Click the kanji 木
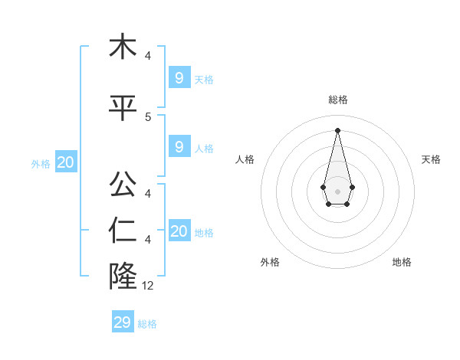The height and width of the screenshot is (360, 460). pos(123,47)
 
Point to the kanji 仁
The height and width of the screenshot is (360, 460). pos(123,231)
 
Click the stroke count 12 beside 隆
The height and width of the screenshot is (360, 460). pos(149,286)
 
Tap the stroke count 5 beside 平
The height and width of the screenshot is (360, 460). pos(148,116)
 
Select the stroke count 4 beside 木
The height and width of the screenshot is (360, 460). pos(148,56)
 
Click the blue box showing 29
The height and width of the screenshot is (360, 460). pos(123,322)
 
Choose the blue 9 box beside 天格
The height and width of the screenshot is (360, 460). pos(179,77)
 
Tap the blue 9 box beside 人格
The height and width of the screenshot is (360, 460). pos(179,146)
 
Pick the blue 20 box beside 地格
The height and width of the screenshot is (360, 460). pos(179,231)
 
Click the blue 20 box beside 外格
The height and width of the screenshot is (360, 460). pos(66,162)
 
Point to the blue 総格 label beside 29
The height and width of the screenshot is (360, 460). pos(147,324)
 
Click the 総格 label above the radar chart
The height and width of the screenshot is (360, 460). pos(337,100)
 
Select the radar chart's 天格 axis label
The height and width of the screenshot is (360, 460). pos(431,159)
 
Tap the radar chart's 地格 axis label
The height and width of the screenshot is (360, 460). pos(402,262)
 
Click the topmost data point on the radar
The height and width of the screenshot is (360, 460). pos(337,129)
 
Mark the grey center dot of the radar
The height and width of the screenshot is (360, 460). pos(337,190)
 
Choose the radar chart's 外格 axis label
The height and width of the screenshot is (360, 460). pos(270,262)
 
